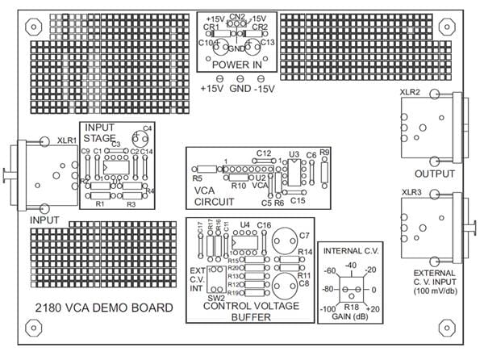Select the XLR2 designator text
coord(411,91)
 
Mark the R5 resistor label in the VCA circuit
coord(197,179)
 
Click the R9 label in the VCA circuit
coord(324,152)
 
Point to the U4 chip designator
coord(245,225)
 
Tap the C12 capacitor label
coord(264,153)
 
